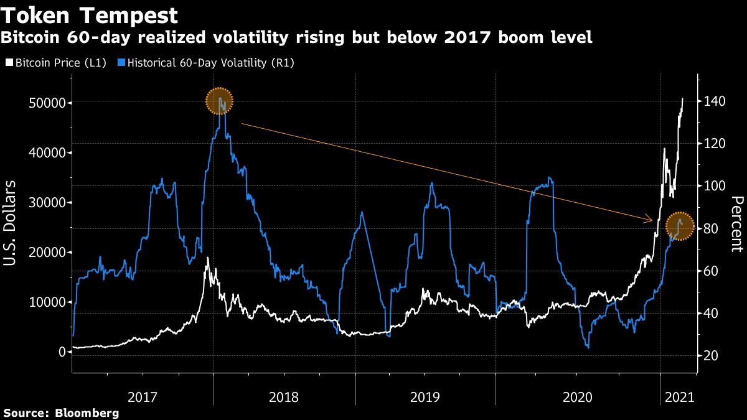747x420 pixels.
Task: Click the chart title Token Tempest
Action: (90, 15)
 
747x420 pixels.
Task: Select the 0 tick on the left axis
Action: (62, 352)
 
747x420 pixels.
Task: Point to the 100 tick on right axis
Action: (713, 186)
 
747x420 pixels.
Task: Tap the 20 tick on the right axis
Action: (711, 356)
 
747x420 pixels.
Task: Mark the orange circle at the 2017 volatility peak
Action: (219, 101)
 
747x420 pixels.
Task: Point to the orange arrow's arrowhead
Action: (651, 220)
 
